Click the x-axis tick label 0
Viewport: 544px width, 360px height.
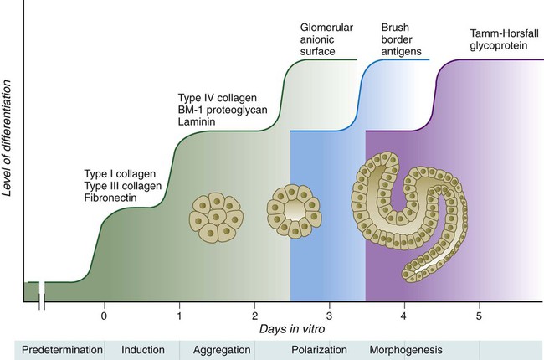[x=104, y=316]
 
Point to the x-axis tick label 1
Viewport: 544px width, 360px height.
[x=179, y=316]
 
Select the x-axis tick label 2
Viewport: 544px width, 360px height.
[x=254, y=316]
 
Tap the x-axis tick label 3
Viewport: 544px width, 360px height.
[x=329, y=316]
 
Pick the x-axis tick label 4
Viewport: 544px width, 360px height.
[x=404, y=316]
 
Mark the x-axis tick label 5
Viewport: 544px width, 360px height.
[x=479, y=316]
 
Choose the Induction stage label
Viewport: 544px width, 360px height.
[x=141, y=348]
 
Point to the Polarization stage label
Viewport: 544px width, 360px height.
[x=319, y=348]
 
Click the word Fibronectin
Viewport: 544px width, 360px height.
[x=103, y=198]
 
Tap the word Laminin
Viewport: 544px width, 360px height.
[x=198, y=122]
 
